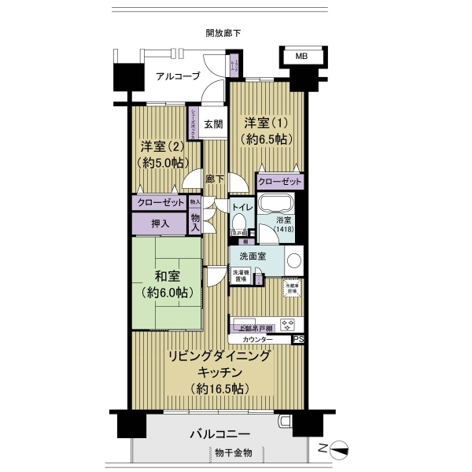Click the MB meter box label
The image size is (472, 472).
[x=301, y=57]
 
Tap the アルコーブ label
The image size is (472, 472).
[x=177, y=76]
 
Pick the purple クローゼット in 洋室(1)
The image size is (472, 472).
[x=279, y=181]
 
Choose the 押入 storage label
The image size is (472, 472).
[x=160, y=223]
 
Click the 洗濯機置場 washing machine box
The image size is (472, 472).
[x=240, y=275]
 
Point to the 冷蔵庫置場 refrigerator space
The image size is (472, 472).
[x=291, y=286]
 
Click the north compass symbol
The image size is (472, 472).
[x=340, y=451]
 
